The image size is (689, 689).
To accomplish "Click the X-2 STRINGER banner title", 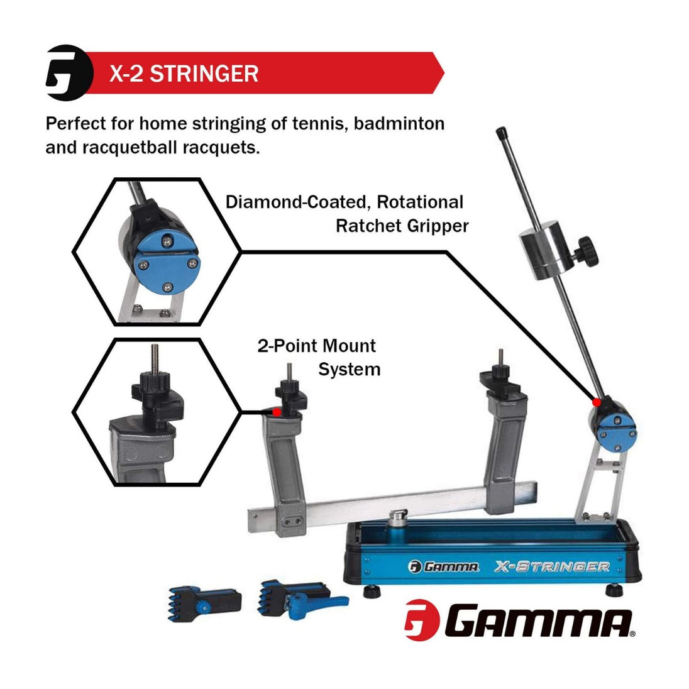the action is click(184, 74).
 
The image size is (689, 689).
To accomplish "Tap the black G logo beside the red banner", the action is click(69, 73).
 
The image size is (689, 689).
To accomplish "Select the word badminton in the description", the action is click(399, 123).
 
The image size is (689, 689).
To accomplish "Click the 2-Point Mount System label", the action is click(319, 357).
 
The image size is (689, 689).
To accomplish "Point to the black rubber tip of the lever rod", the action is click(502, 133).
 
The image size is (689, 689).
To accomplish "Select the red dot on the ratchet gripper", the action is click(597, 402).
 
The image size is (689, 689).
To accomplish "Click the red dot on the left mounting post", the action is click(277, 412).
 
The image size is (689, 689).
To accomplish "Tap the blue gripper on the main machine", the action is click(617, 433).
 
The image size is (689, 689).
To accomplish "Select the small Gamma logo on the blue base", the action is click(443, 567).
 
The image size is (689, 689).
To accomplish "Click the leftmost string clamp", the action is click(204, 604).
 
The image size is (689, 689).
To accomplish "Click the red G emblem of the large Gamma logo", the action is click(422, 620).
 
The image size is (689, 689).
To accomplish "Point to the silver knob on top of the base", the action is click(399, 517).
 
